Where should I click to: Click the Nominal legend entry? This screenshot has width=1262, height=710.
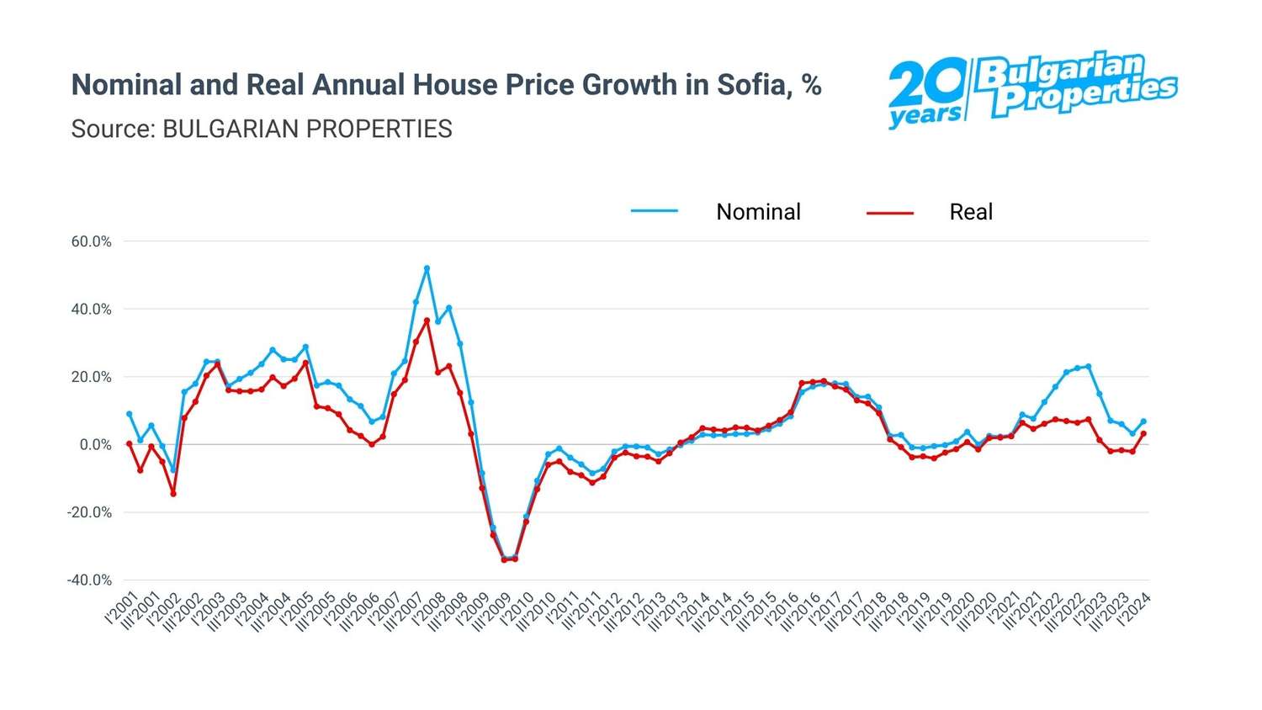click(x=757, y=212)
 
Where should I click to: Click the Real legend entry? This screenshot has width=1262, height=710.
click(x=970, y=212)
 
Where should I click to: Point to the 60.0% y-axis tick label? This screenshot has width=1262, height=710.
click(x=91, y=241)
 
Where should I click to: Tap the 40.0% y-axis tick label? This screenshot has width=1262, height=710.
click(x=91, y=310)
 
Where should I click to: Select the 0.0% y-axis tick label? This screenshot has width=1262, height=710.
click(x=95, y=445)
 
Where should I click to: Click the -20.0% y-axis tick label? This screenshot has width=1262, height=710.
click(x=89, y=512)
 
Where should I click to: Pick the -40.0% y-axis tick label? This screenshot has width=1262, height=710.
click(x=89, y=580)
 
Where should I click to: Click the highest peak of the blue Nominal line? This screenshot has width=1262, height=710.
click(x=427, y=268)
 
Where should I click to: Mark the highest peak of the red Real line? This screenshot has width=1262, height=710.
click(x=427, y=321)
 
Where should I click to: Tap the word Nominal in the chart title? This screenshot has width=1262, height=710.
click(x=125, y=85)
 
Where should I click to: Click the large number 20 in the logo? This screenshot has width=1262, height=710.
click(x=926, y=84)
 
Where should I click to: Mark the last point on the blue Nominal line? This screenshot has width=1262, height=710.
click(x=1143, y=421)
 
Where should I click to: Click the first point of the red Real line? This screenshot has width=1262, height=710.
click(x=130, y=443)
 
